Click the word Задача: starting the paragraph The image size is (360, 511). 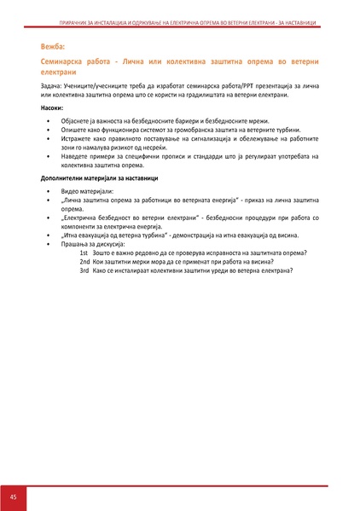point(51,86)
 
